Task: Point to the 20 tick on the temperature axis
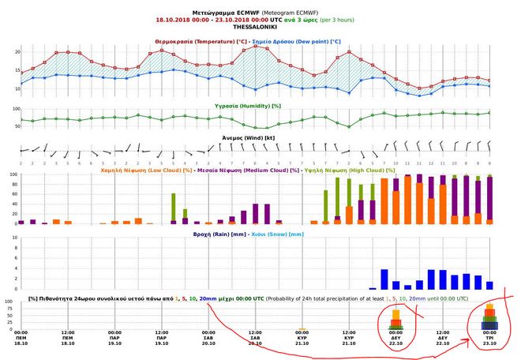click(16, 51)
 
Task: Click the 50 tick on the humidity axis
click(16, 126)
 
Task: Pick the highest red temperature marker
click(256, 47)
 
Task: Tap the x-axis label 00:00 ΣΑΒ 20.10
click(208, 337)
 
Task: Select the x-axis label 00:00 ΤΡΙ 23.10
click(489, 337)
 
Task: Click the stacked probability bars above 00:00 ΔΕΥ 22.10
click(396, 320)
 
